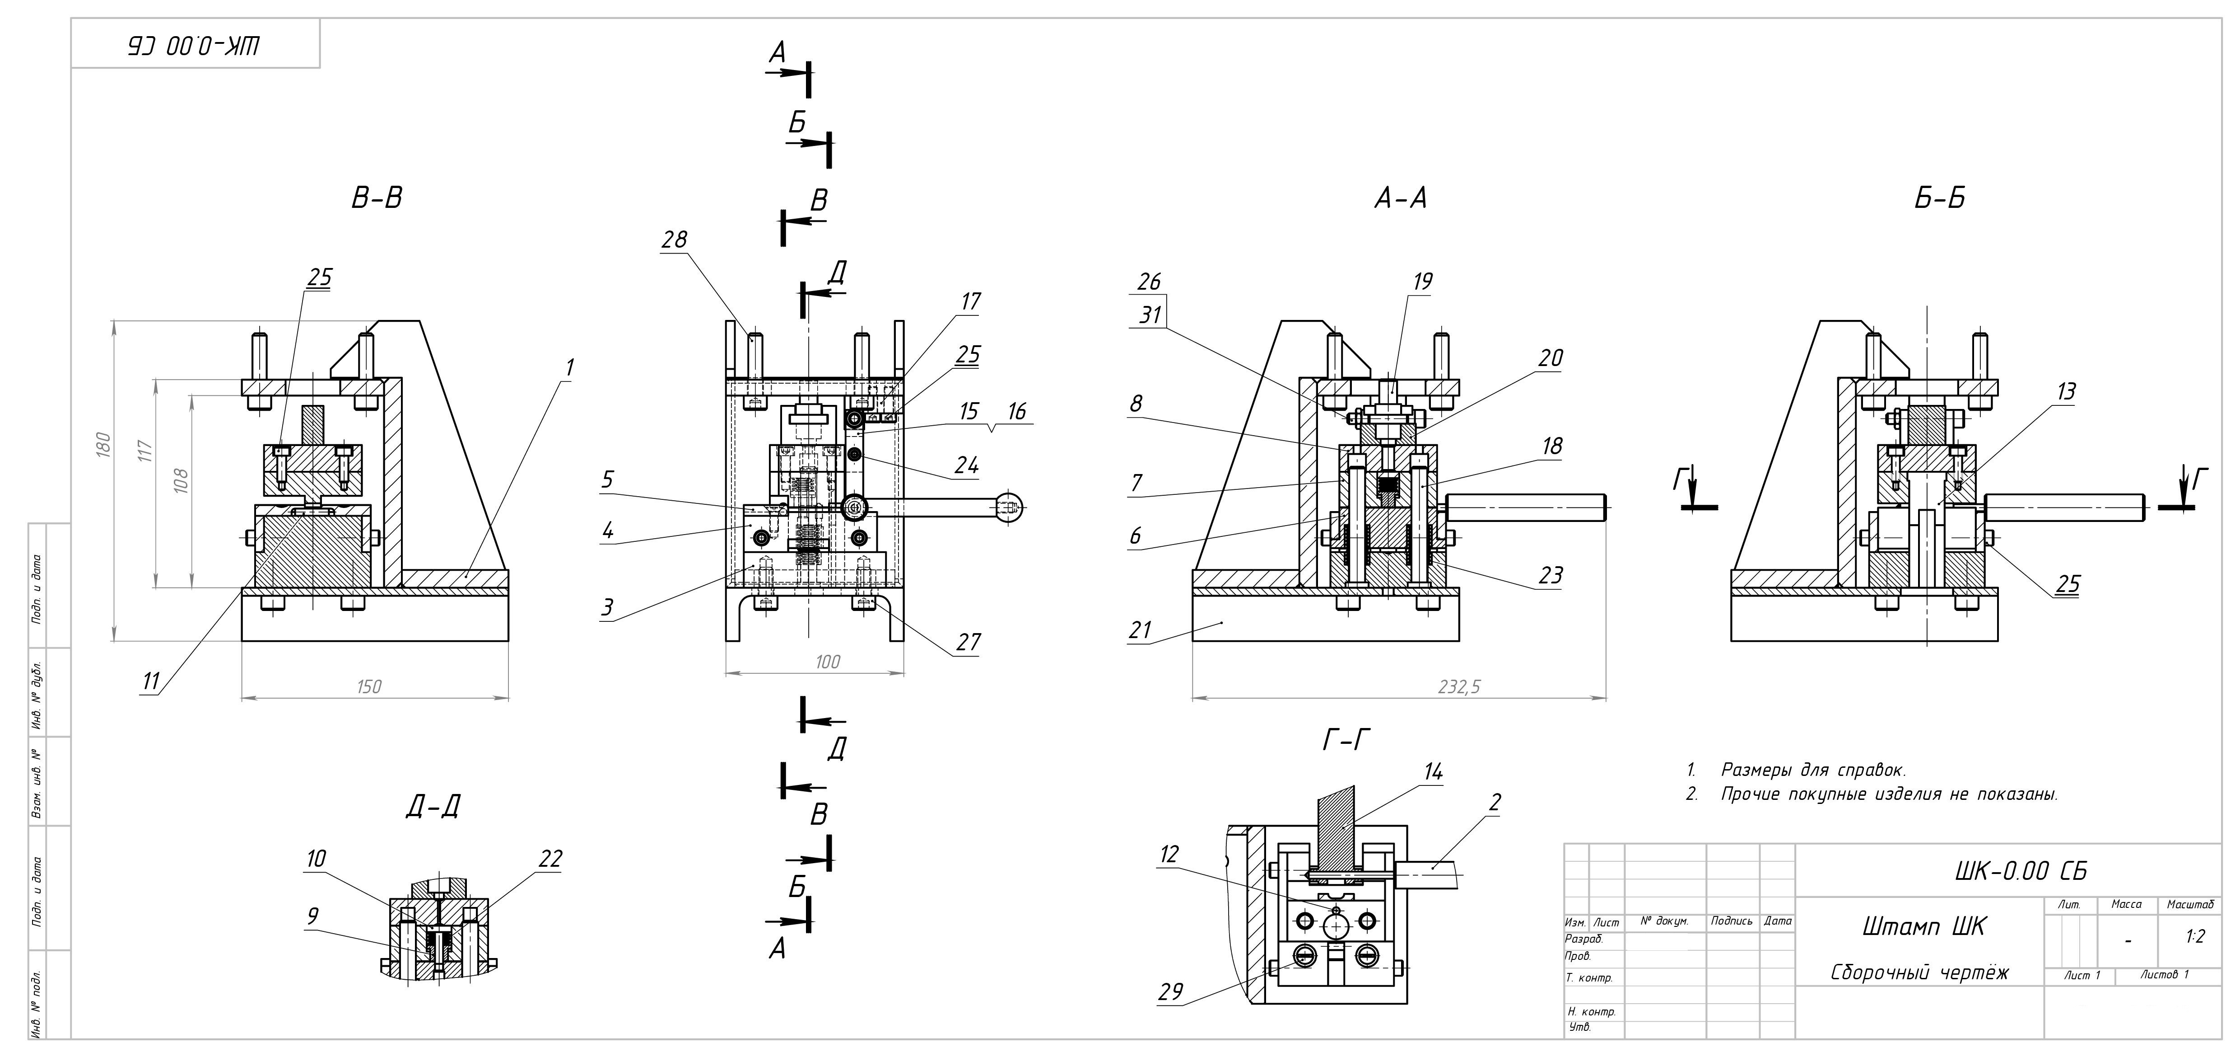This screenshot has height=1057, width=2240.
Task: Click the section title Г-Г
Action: [x=1347, y=740]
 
